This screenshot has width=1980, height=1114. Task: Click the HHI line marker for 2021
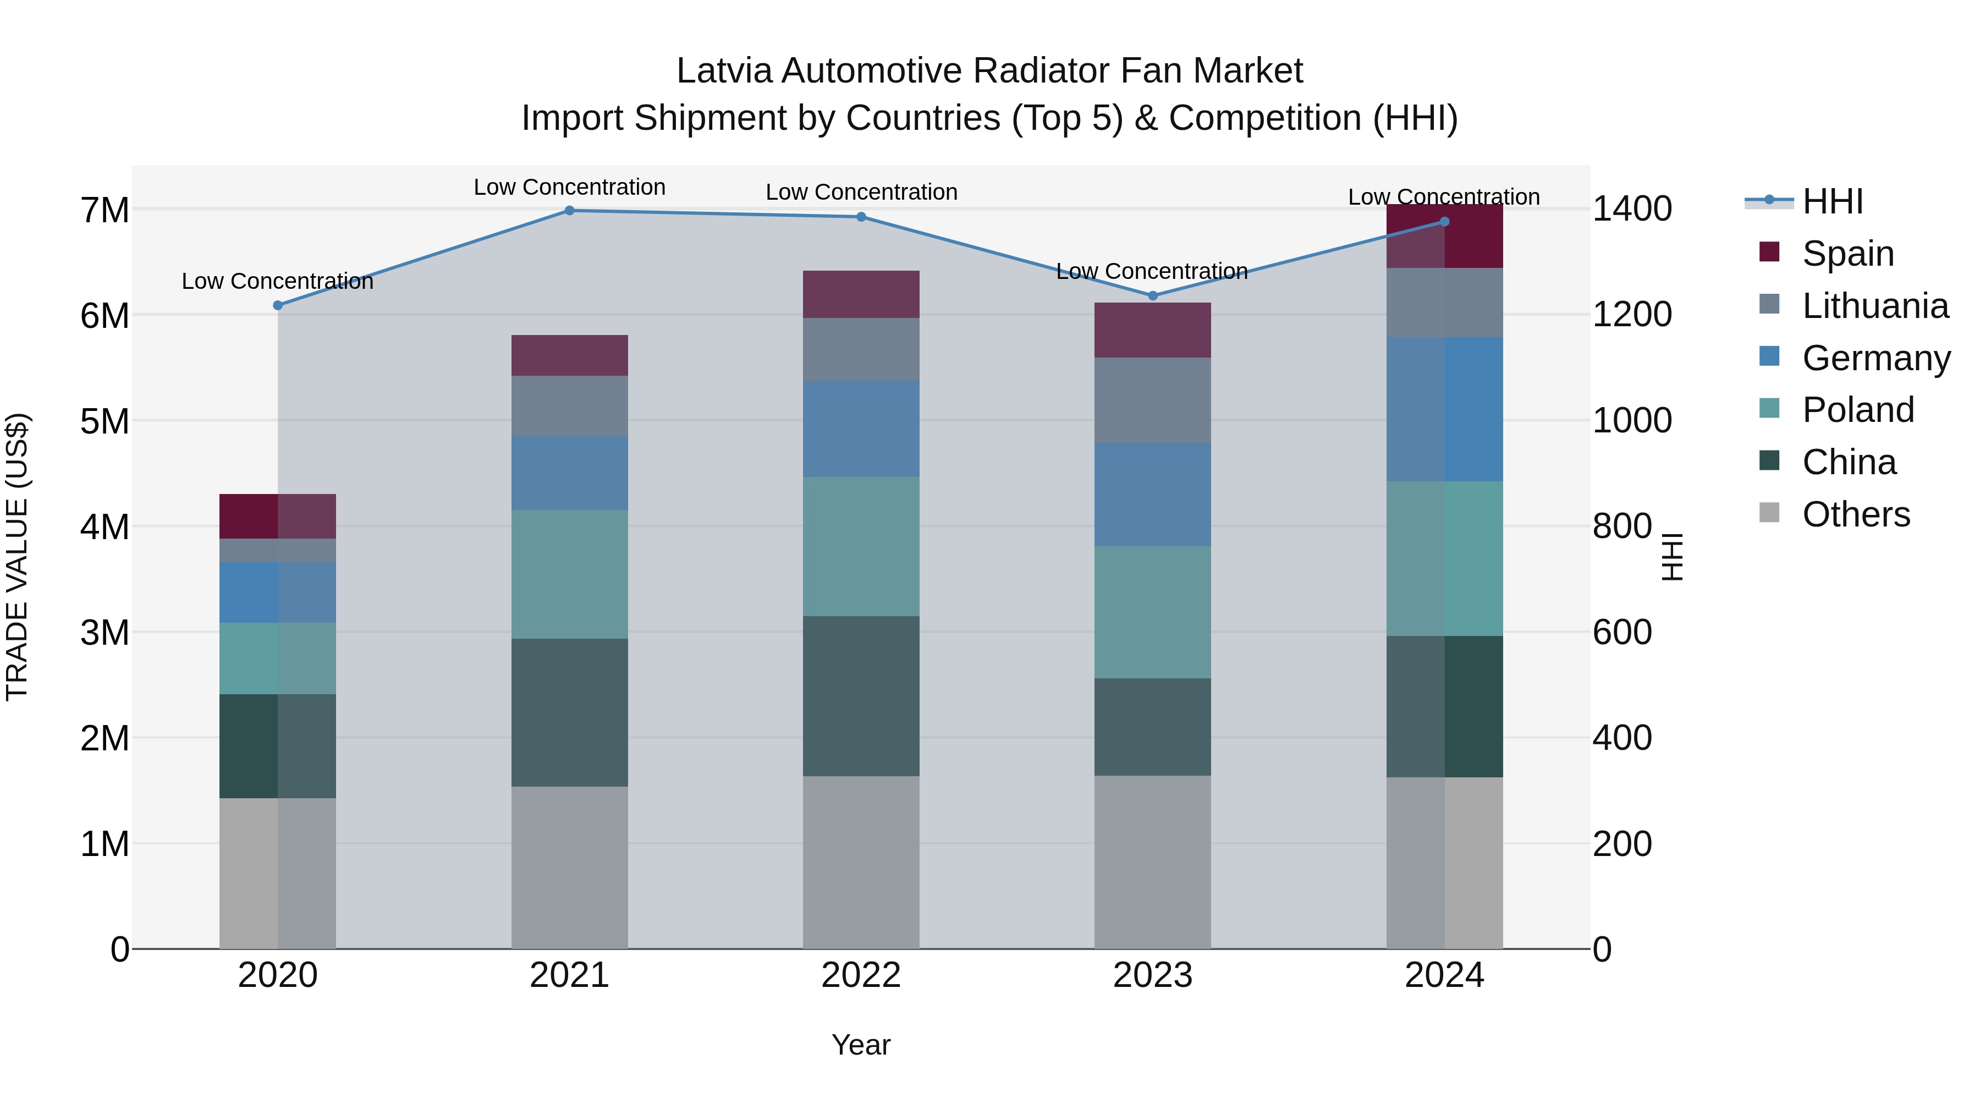point(570,211)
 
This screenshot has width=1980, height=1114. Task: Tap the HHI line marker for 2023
point(1152,296)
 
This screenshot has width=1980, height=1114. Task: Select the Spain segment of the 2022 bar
point(861,294)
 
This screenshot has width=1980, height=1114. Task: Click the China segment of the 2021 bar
point(570,712)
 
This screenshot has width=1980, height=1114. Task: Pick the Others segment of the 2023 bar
point(1152,862)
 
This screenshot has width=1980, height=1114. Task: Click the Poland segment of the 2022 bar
point(861,547)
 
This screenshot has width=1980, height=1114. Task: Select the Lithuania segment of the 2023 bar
point(1152,400)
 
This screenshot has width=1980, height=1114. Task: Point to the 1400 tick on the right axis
point(1631,209)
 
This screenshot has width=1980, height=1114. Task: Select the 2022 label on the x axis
point(861,975)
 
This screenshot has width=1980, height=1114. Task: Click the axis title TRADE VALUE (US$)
point(17,557)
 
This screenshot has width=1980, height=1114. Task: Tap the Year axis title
point(861,1045)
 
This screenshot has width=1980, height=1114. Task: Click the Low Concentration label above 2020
point(278,281)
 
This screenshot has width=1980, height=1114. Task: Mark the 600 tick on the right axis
point(1622,633)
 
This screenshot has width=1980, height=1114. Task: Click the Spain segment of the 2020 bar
point(278,517)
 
